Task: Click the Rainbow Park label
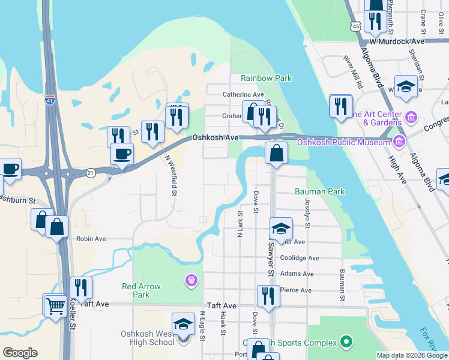[x=266, y=79]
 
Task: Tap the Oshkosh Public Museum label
[x=343, y=142]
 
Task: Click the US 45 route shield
[x=357, y=27]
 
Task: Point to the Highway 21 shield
[x=89, y=172]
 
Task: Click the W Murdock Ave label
[x=397, y=41]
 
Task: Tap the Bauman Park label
[x=320, y=191]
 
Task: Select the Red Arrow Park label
[x=141, y=290]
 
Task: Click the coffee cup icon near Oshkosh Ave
[x=122, y=154]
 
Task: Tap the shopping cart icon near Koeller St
[x=55, y=306]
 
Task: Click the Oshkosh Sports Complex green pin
[x=346, y=343]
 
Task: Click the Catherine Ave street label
[x=243, y=95]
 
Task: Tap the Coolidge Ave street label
[x=300, y=258]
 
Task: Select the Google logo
[x=20, y=353]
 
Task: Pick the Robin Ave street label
[x=91, y=239]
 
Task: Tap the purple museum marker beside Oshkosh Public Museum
[x=398, y=142]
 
